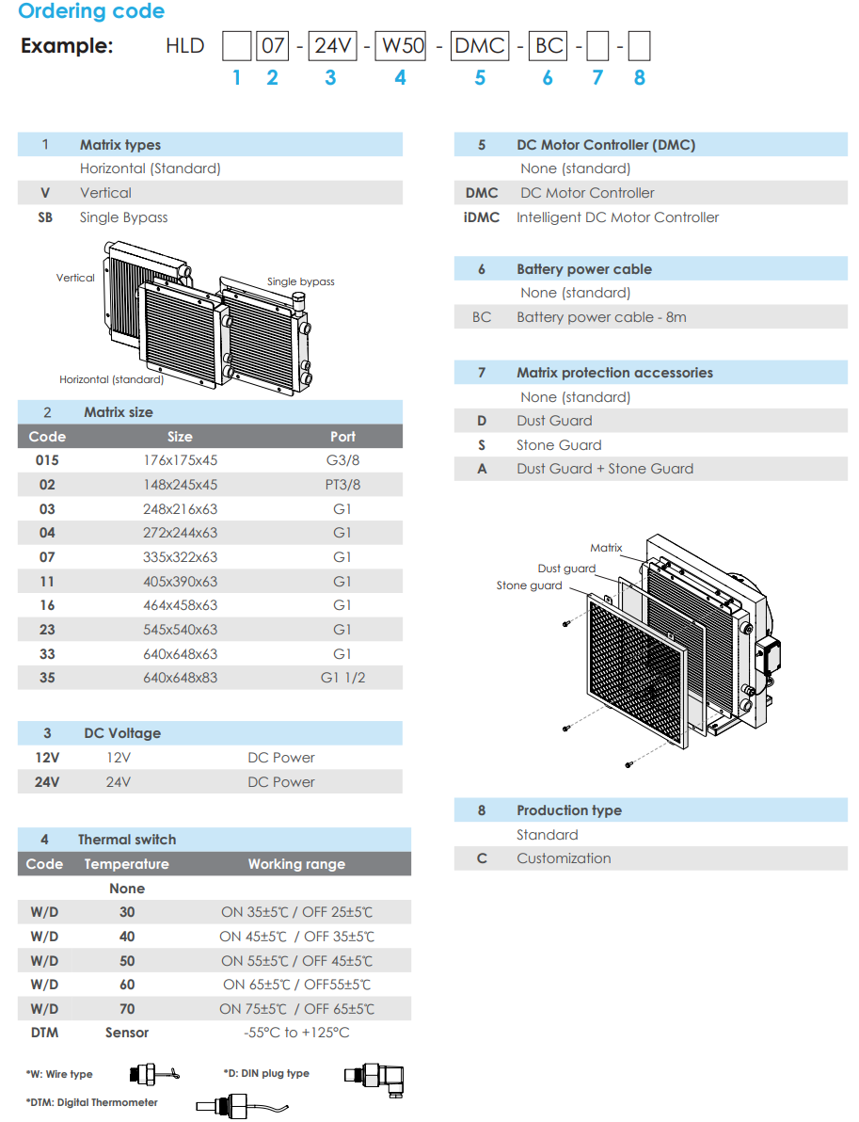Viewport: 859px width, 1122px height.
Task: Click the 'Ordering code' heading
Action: pyautogui.click(x=91, y=12)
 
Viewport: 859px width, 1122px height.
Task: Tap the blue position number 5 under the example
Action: pyautogui.click(x=480, y=78)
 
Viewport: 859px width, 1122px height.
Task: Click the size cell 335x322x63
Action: pyautogui.click(x=180, y=557)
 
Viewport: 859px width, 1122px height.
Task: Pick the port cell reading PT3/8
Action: pyautogui.click(x=342, y=485)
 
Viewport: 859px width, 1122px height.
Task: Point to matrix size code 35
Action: pyautogui.click(x=47, y=678)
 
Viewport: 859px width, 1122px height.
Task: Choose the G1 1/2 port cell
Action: pyautogui.click(x=342, y=678)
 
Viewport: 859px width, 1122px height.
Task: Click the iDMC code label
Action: pyautogui.click(x=482, y=217)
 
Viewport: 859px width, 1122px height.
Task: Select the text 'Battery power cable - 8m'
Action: pyautogui.click(x=601, y=317)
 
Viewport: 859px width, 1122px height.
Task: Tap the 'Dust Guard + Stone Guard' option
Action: pyautogui.click(x=604, y=469)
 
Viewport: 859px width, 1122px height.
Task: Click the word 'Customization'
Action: pyautogui.click(x=564, y=858)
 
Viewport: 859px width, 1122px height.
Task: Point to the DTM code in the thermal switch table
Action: pyautogui.click(x=44, y=1033)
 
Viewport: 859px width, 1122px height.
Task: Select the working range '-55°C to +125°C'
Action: pyautogui.click(x=296, y=1033)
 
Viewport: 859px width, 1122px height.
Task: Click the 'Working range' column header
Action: pyautogui.click(x=296, y=864)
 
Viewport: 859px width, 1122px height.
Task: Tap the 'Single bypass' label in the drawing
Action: pyautogui.click(x=300, y=281)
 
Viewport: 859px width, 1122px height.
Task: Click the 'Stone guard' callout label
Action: pyautogui.click(x=529, y=585)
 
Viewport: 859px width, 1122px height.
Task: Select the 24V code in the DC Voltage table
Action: pyautogui.click(x=47, y=782)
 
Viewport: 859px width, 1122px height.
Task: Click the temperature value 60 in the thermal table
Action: pyautogui.click(x=127, y=985)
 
